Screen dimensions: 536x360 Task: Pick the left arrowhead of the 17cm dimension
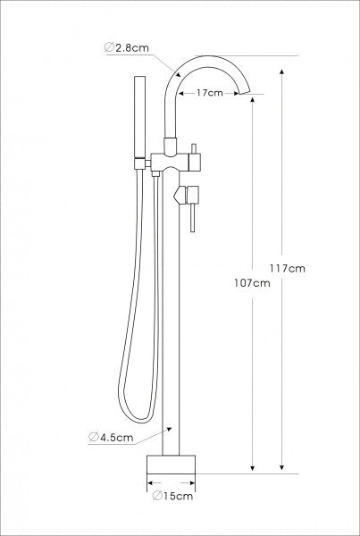click(x=180, y=92)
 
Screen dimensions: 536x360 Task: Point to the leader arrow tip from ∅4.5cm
click(x=170, y=429)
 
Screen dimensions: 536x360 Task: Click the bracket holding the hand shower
click(x=140, y=161)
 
